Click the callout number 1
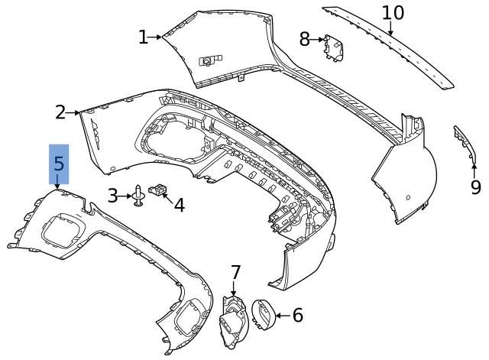pyautogui.click(x=143, y=37)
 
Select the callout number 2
pyautogui.click(x=60, y=112)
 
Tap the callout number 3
pyautogui.click(x=112, y=196)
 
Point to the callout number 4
pyautogui.click(x=180, y=205)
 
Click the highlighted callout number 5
pyautogui.click(x=59, y=164)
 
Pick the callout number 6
pyautogui.click(x=297, y=315)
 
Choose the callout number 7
pyautogui.click(x=235, y=272)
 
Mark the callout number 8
pyautogui.click(x=305, y=38)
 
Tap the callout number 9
pyautogui.click(x=475, y=187)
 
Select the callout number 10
pyautogui.click(x=392, y=13)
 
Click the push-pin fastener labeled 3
pyautogui.click(x=138, y=196)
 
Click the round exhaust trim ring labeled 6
pyautogui.click(x=264, y=313)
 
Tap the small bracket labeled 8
pyautogui.click(x=332, y=47)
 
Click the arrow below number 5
pyautogui.click(x=57, y=183)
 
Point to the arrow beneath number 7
pyautogui.click(x=234, y=289)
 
